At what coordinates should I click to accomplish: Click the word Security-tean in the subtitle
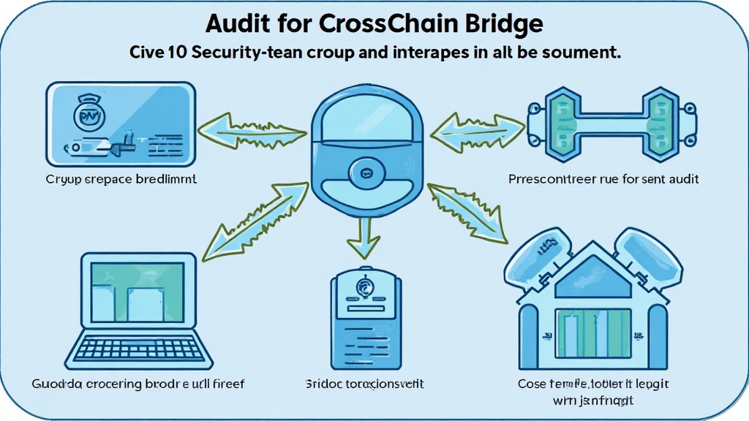(253, 53)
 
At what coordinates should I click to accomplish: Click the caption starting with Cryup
(121, 178)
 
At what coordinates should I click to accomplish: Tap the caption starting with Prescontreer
(603, 178)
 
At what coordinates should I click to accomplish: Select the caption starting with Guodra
(138, 383)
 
